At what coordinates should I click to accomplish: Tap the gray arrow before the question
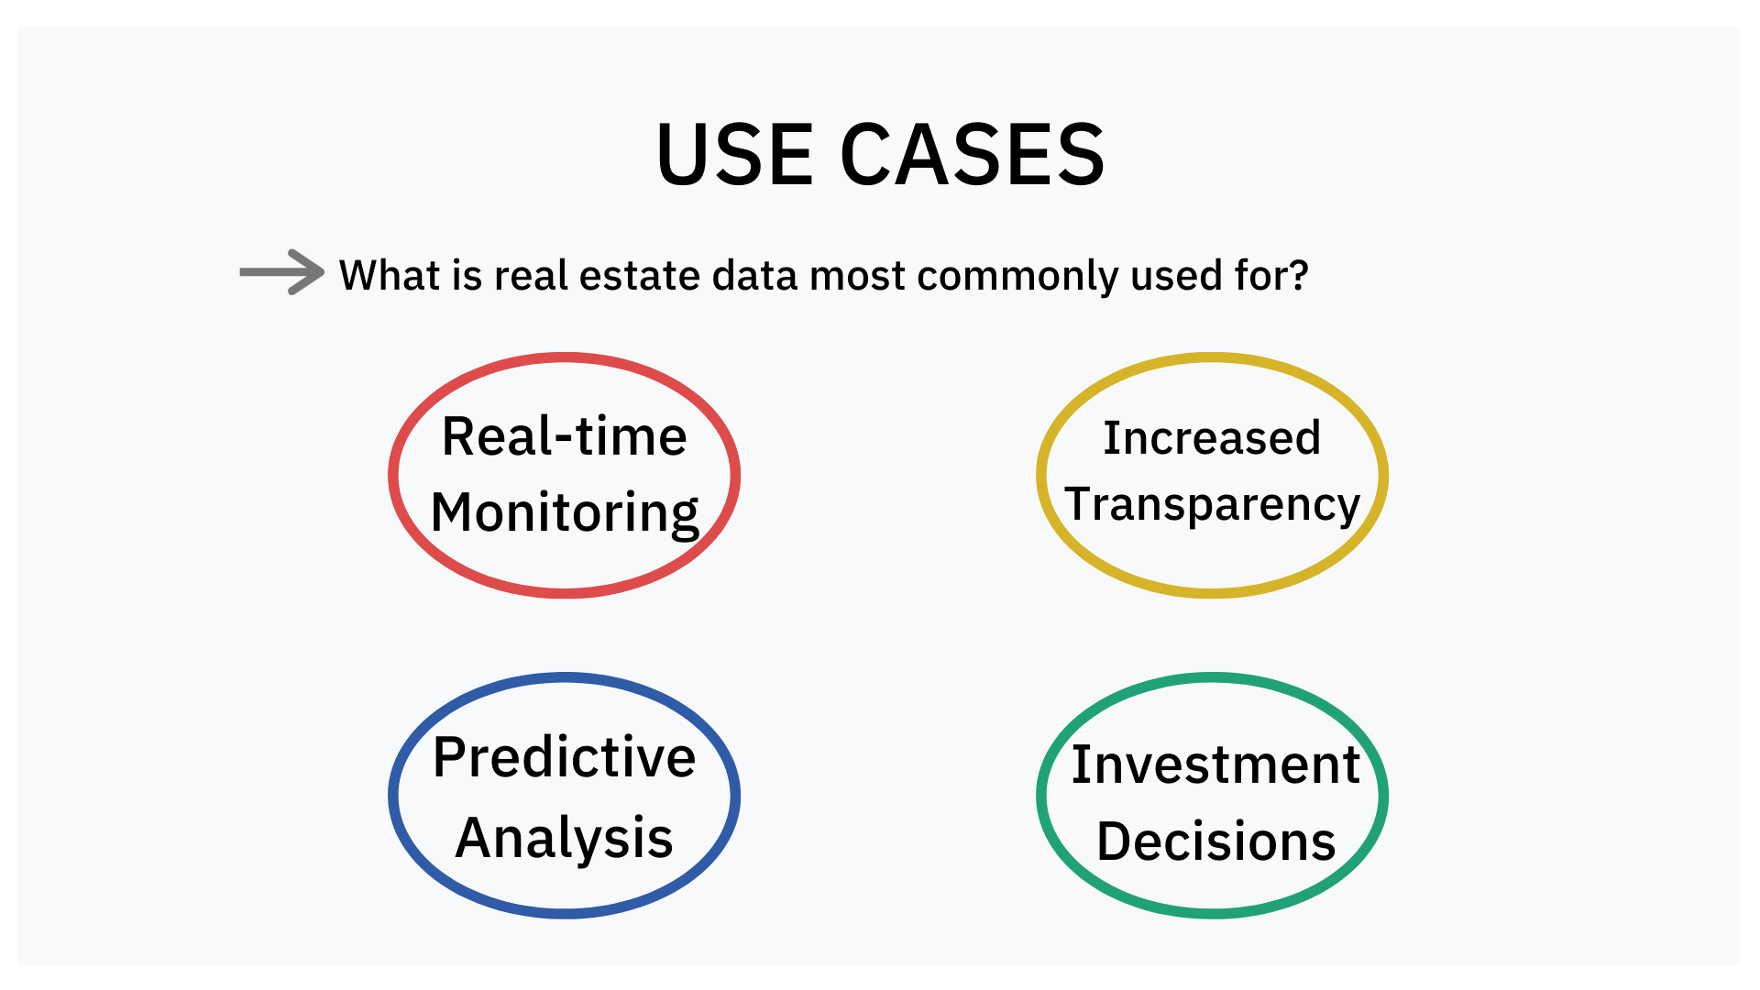[x=281, y=272]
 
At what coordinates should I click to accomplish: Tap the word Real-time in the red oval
[x=565, y=436]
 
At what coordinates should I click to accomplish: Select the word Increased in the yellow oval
[x=1212, y=438]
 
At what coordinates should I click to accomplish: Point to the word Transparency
[x=1213, y=505]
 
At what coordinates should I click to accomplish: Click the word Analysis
[x=565, y=839]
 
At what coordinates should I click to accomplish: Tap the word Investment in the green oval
[x=1215, y=764]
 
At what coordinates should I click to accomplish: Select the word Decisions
[x=1216, y=841]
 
